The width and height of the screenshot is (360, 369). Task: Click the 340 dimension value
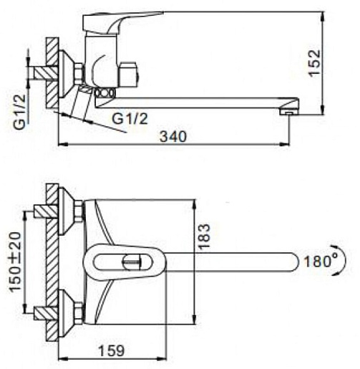click(x=173, y=137)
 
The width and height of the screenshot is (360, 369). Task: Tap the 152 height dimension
click(x=314, y=63)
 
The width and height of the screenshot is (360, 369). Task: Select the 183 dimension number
click(x=204, y=236)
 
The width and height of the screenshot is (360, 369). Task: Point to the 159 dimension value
click(x=112, y=350)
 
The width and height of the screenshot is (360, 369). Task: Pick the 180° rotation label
click(x=321, y=261)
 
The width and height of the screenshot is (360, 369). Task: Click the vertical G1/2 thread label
click(x=19, y=112)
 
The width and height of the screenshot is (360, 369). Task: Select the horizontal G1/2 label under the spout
click(x=130, y=119)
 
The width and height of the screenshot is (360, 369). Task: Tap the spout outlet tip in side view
click(x=289, y=112)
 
